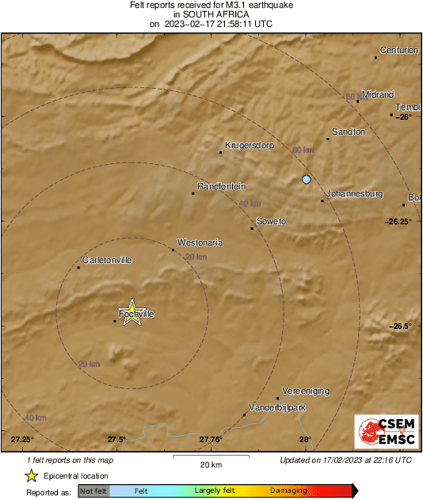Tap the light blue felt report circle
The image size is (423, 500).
307,180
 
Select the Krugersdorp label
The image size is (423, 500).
249,145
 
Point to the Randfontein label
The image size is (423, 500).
222,186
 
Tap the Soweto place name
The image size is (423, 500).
271,221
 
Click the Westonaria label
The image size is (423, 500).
200,242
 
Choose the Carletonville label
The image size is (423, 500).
107,260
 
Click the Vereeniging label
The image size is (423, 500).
305,391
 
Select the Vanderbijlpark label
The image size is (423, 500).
277,407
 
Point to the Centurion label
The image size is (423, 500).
398,50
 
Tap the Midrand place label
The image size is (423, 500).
378,94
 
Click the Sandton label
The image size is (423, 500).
349,132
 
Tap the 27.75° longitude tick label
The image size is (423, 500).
210,439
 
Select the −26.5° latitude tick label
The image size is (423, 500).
401,326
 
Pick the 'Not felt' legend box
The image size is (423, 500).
93,491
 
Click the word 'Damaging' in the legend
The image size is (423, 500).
288,491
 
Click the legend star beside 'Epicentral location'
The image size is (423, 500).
31,476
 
